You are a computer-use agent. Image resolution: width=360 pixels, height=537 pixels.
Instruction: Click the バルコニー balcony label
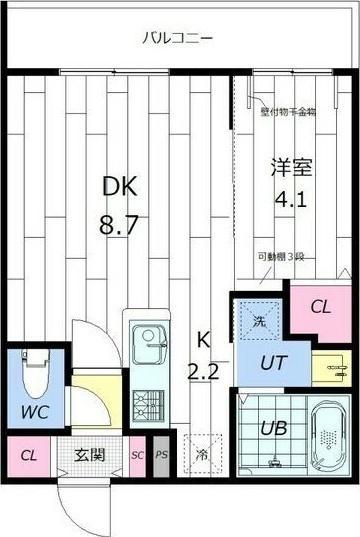pos(177,39)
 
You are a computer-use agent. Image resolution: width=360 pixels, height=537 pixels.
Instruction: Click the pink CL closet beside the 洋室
pos(319,307)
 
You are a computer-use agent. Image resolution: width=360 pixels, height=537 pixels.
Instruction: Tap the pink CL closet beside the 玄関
pos(29,456)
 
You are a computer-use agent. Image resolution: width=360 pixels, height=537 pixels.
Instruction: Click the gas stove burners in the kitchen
pos(149,403)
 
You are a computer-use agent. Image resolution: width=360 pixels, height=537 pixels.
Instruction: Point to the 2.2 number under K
pos(204,373)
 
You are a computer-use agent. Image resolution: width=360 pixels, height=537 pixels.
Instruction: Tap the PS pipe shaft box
pos(161,455)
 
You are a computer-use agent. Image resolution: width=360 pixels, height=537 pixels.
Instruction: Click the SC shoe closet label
pos(138,456)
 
